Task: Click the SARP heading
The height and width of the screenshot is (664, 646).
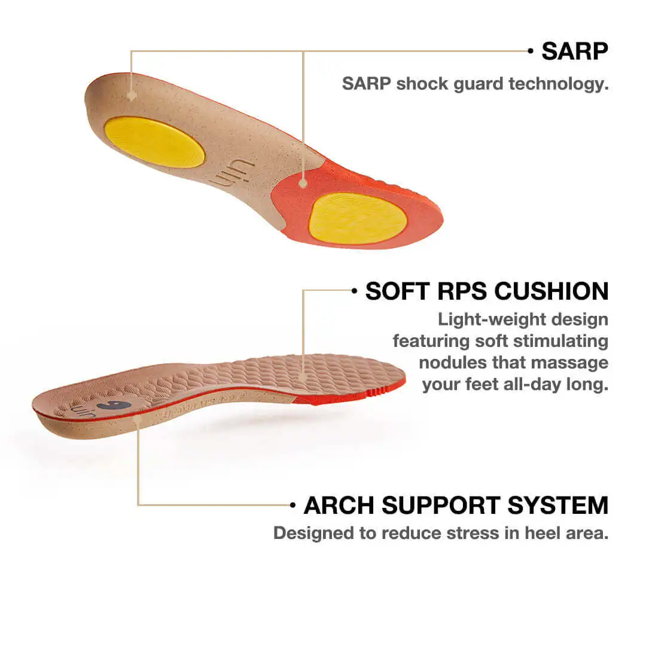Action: (x=574, y=51)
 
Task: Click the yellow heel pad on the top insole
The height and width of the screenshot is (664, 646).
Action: (x=155, y=142)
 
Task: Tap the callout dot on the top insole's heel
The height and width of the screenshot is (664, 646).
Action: (x=132, y=95)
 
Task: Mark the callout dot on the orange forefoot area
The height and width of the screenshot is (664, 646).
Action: (x=304, y=183)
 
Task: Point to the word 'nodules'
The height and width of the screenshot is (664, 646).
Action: (x=452, y=363)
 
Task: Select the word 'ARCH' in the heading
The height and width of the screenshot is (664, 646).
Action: (x=339, y=505)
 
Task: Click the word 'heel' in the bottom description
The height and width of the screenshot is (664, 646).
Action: (x=542, y=533)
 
